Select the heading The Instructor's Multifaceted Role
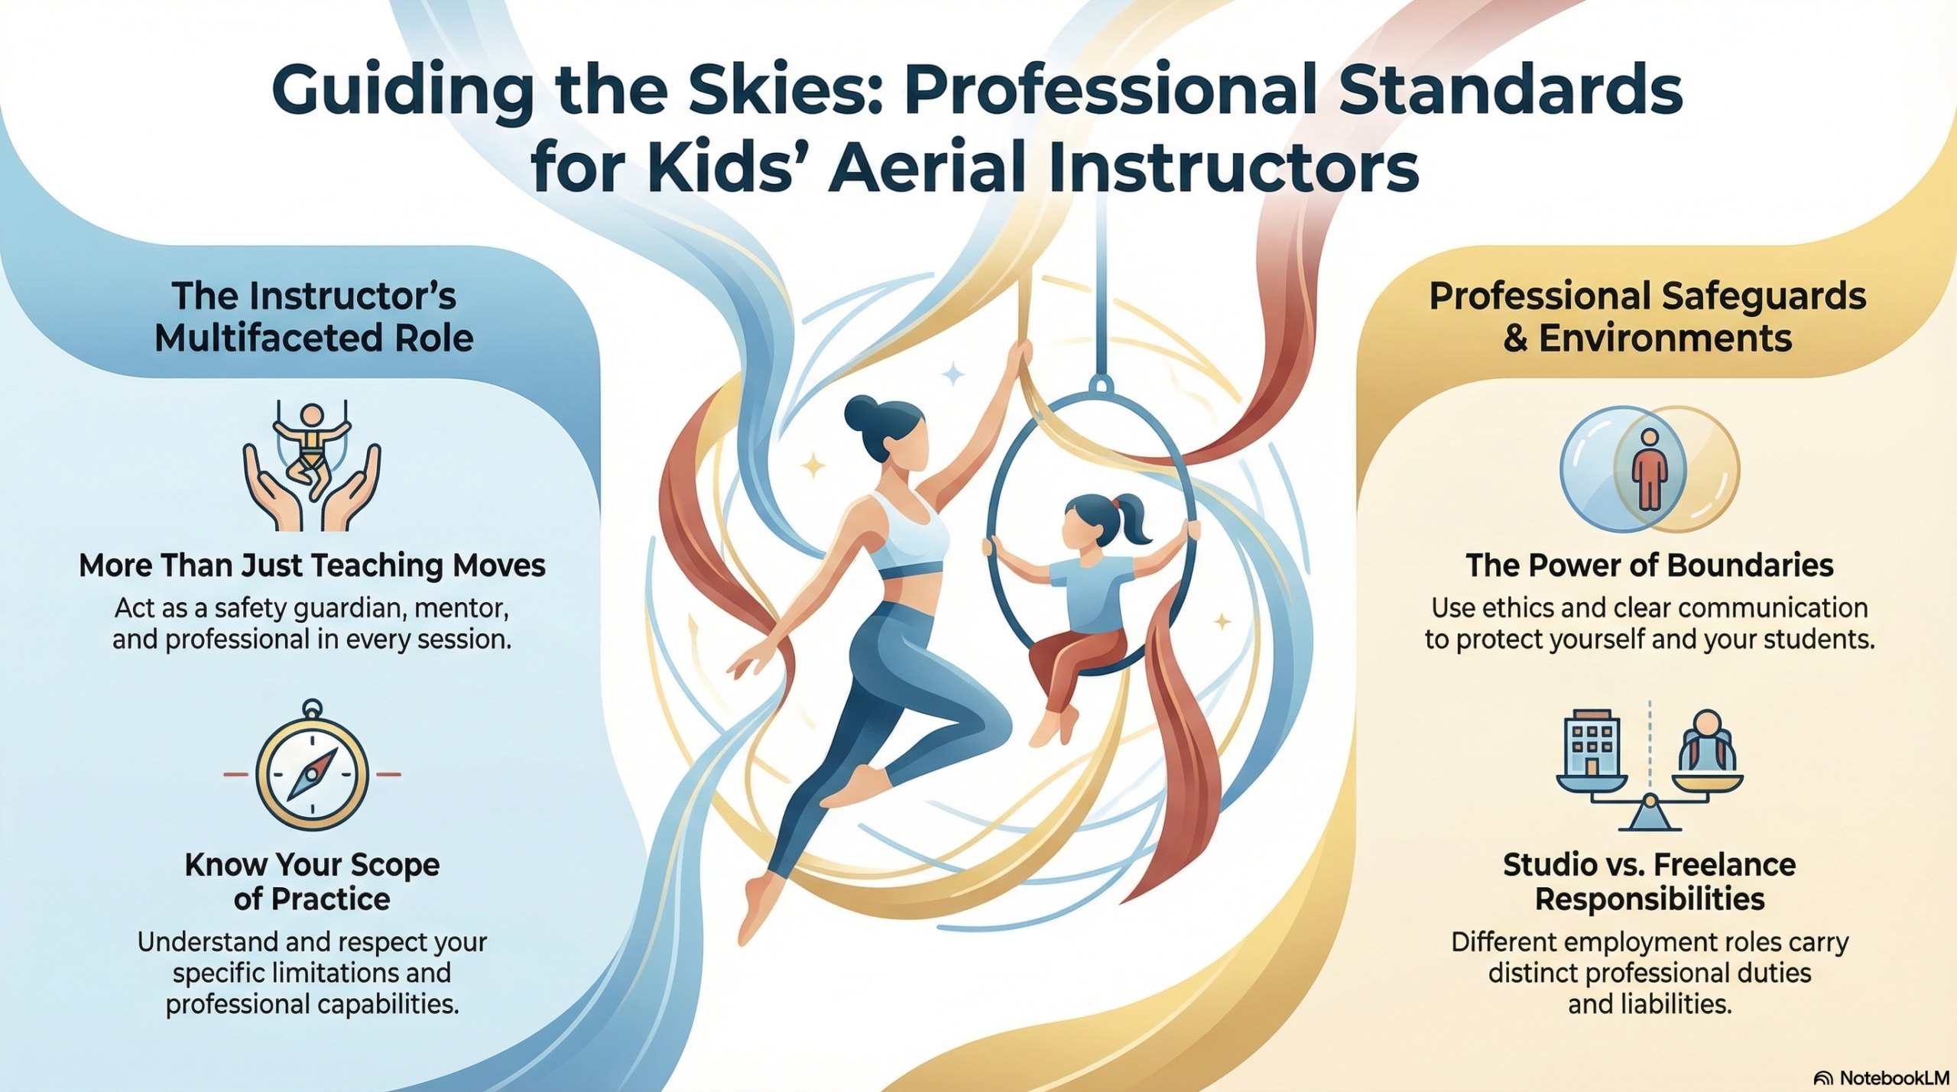(x=313, y=316)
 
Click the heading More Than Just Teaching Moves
(x=312, y=565)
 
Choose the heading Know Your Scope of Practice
(x=312, y=881)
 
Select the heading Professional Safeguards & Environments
(x=1647, y=316)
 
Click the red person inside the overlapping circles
(x=1649, y=468)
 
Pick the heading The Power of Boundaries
(x=1649, y=565)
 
